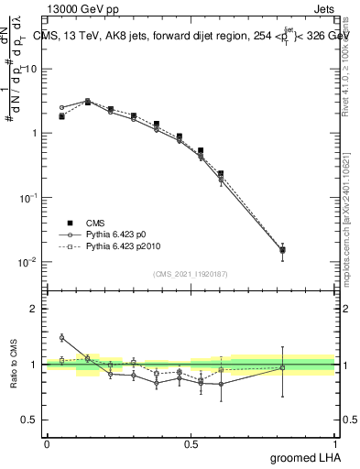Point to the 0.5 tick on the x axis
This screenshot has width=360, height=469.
pos(191,444)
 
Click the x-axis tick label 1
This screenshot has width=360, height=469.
pos(335,444)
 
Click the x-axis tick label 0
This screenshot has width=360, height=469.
pos(47,444)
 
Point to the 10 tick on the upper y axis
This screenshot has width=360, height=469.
pos(32,69)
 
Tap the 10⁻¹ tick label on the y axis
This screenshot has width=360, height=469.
pos(29,198)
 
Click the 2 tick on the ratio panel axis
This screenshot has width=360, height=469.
pos(35,309)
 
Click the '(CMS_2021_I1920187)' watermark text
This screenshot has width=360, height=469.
pos(191,273)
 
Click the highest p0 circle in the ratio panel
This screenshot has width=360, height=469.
pos(61,338)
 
